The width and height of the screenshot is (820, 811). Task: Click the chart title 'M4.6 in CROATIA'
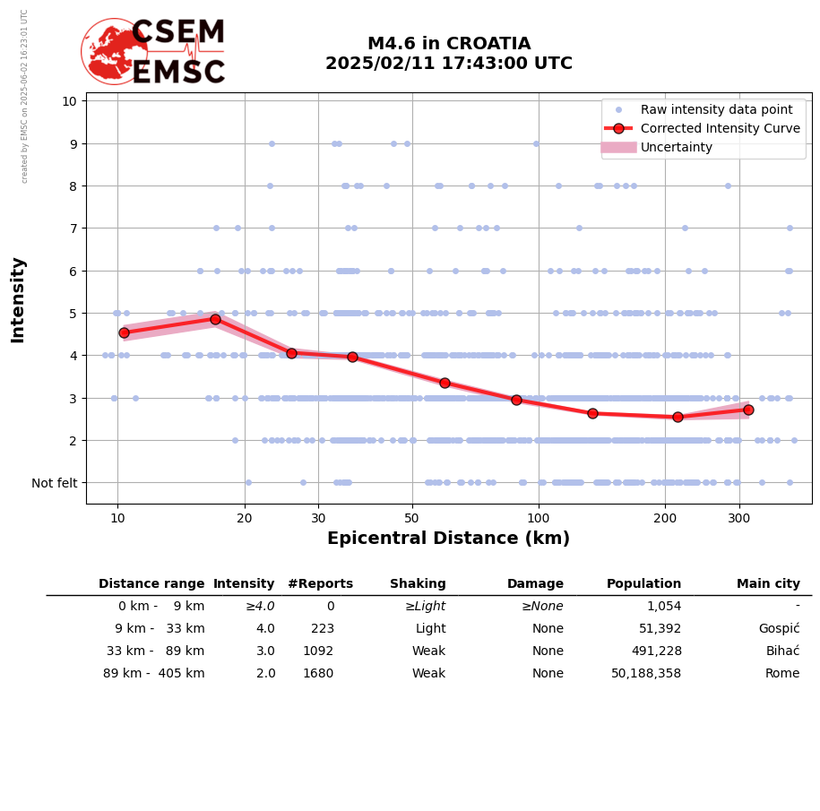pyautogui.click(x=449, y=44)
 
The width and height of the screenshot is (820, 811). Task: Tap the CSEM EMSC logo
pyautogui.click(x=153, y=52)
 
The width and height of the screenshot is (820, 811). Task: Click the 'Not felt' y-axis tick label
pyautogui.click(x=55, y=483)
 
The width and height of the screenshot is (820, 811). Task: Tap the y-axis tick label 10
pyautogui.click(x=69, y=100)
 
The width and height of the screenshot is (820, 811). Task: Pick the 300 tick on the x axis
pyautogui.click(x=739, y=517)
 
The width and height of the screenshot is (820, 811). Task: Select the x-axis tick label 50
pyautogui.click(x=411, y=517)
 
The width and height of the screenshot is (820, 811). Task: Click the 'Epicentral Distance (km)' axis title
pyautogui.click(x=448, y=539)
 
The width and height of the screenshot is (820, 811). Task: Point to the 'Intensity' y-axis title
pyautogui.click(x=18, y=299)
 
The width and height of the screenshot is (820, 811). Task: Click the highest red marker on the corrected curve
pyautogui.click(x=215, y=319)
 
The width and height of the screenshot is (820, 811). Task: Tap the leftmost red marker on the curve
pyautogui.click(x=124, y=332)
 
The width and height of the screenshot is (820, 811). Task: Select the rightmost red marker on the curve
pyautogui.click(x=748, y=410)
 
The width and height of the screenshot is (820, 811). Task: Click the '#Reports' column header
pyautogui.click(x=320, y=584)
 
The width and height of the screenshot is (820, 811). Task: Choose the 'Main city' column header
pyautogui.click(x=768, y=584)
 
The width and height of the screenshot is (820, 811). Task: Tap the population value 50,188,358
pyautogui.click(x=646, y=674)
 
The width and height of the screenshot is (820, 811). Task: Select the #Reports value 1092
pyautogui.click(x=318, y=651)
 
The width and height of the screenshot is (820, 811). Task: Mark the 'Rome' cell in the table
pyautogui.click(x=783, y=674)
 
